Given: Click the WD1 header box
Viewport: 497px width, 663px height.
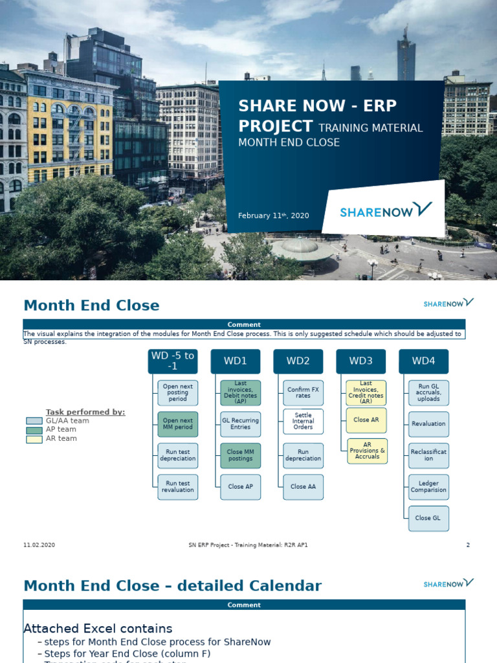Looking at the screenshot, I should [236, 361].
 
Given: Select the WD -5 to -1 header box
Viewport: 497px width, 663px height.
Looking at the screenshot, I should [172, 361].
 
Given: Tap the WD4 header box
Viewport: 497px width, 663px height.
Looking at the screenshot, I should [424, 361].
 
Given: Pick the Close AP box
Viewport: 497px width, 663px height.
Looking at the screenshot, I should [240, 486].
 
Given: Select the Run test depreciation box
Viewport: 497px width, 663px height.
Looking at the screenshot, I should [177, 455].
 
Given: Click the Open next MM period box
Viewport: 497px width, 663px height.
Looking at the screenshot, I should [177, 424].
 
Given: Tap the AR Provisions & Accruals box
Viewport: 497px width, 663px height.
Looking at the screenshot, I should [366, 451].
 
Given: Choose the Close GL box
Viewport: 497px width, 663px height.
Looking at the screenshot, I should [428, 518].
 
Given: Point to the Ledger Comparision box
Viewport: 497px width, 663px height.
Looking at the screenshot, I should [428, 486].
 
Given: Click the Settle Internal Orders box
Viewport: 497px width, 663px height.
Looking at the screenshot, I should [303, 421].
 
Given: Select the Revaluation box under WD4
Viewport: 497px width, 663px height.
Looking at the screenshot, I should [428, 424].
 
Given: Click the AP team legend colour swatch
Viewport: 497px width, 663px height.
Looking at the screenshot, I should [34, 429].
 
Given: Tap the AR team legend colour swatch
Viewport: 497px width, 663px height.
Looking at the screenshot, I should [34, 438].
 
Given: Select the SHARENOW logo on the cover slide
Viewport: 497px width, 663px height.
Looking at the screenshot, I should [386, 210].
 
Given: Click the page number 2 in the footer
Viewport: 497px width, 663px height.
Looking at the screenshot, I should [467, 545].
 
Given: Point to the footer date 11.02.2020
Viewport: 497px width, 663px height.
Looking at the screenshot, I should [39, 545].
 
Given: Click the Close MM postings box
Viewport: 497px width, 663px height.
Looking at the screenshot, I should [240, 455].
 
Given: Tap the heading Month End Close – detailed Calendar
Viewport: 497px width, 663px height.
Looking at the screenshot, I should [172, 586].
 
